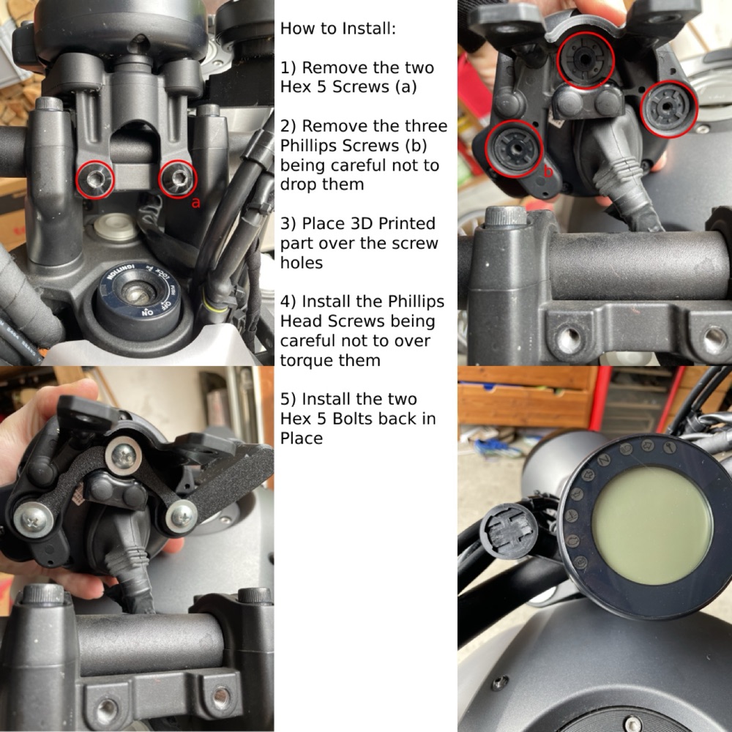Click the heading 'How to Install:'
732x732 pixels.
(x=337, y=29)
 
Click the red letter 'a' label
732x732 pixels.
(x=195, y=203)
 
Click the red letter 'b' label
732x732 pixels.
(x=548, y=171)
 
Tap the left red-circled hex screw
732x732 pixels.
(x=94, y=179)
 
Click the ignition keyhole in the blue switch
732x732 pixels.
(x=136, y=294)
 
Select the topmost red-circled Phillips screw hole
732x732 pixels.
(x=585, y=60)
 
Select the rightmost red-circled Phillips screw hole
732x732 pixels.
(x=668, y=108)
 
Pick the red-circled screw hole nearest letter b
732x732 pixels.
(x=514, y=149)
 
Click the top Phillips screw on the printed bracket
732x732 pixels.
(x=123, y=455)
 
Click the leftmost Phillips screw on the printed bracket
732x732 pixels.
(x=34, y=519)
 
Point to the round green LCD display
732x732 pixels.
(x=651, y=526)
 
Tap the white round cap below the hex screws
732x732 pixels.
(x=115, y=226)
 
